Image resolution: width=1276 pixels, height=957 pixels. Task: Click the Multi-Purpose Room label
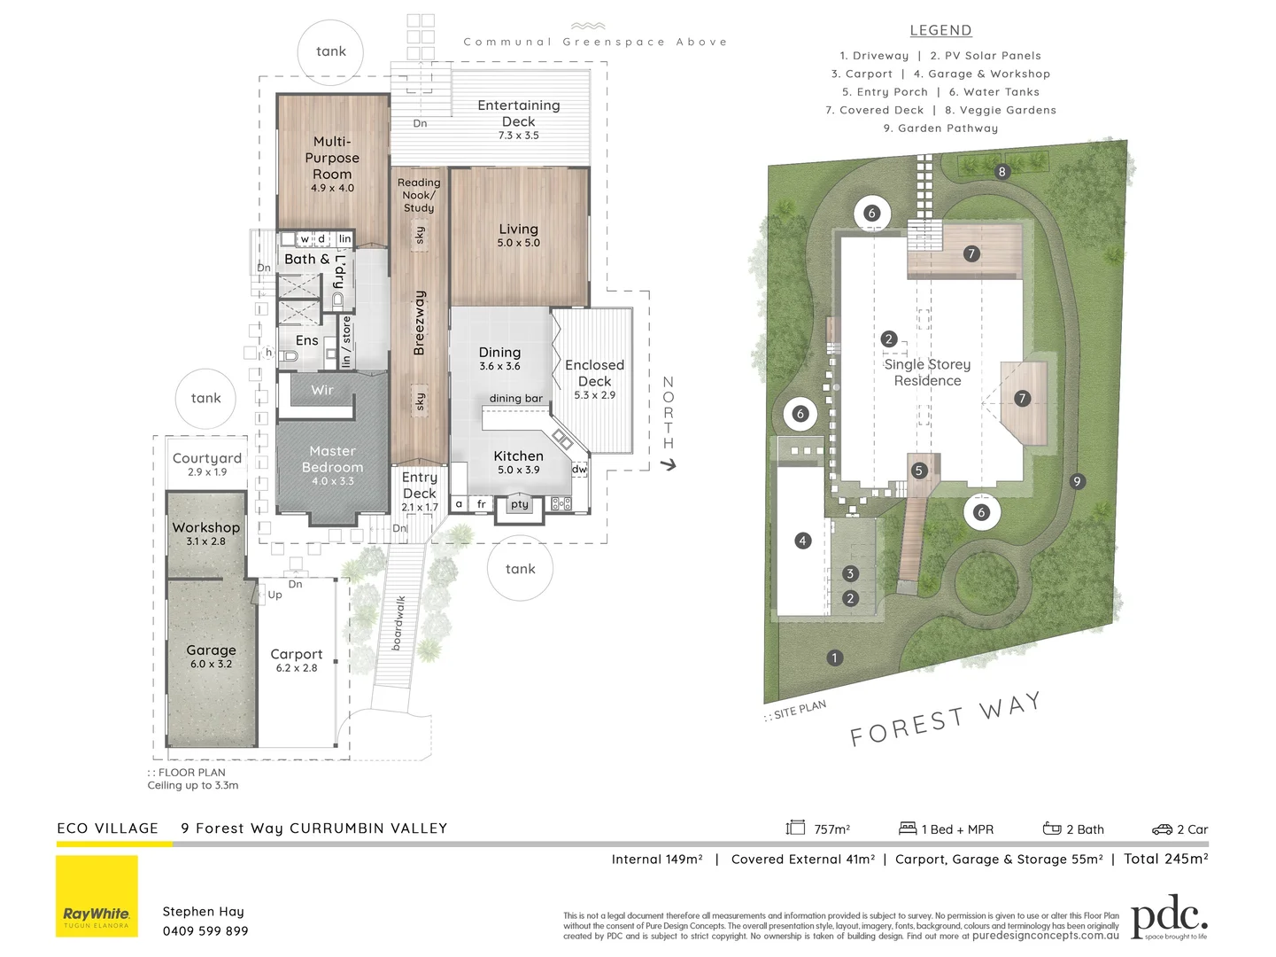(332, 158)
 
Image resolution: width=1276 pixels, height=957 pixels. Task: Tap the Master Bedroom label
(332, 459)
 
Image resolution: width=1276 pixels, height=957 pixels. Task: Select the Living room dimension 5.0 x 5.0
(518, 243)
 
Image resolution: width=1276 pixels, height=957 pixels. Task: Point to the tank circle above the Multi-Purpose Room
(330, 51)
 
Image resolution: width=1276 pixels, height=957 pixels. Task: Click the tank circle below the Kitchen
(520, 569)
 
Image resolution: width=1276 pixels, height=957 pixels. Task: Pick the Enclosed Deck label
(594, 372)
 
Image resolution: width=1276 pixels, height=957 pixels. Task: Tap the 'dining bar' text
(515, 399)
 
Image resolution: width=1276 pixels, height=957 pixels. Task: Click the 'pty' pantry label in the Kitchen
(520, 505)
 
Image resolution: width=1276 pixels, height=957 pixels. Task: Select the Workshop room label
(205, 527)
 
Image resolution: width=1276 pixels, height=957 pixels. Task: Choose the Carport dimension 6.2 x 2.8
(296, 668)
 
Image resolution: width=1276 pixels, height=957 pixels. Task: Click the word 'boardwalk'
(398, 623)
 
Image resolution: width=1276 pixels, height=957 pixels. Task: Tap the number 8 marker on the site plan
(1001, 172)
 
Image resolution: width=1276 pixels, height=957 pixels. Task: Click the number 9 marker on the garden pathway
(1077, 482)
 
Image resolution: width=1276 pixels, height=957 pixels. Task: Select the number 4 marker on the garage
(802, 541)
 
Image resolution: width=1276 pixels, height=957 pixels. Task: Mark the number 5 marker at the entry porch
(918, 471)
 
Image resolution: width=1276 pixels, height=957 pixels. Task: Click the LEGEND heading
(940, 30)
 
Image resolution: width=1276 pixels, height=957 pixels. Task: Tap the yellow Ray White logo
(97, 896)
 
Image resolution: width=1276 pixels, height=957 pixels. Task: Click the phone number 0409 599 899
(205, 931)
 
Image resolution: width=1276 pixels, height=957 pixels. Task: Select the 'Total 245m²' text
(1165, 859)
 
